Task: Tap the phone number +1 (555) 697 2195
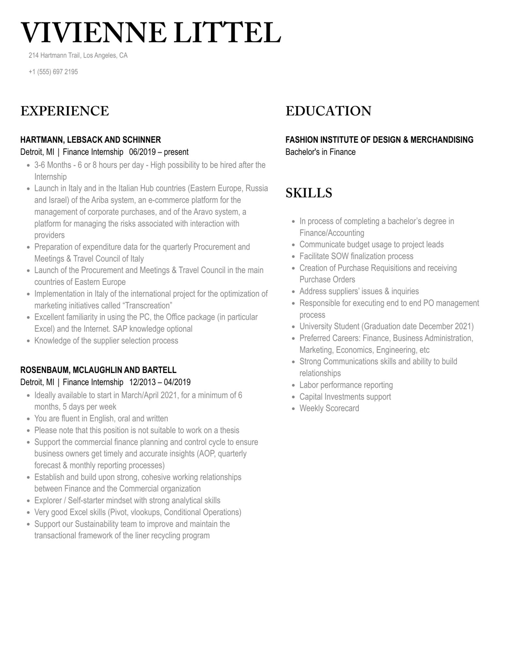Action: [53, 72]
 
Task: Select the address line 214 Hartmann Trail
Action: [78, 56]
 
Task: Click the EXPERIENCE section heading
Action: [65, 111]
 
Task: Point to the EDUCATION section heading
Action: [328, 111]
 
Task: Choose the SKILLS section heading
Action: [308, 193]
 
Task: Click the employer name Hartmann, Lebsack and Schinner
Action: [90, 140]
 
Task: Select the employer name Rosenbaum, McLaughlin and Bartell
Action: [98, 370]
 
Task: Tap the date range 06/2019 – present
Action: [159, 152]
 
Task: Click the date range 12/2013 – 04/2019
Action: [160, 382]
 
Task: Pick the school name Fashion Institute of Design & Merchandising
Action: [379, 140]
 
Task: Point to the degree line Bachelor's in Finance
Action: [320, 152]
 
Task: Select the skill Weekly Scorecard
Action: [329, 408]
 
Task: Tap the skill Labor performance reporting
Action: [346, 385]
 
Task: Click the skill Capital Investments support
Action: [345, 397]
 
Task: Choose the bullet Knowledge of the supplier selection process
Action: [106, 341]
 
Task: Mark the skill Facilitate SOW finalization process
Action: [356, 256]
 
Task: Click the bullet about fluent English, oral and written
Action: [101, 419]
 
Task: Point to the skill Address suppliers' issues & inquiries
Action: [359, 291]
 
